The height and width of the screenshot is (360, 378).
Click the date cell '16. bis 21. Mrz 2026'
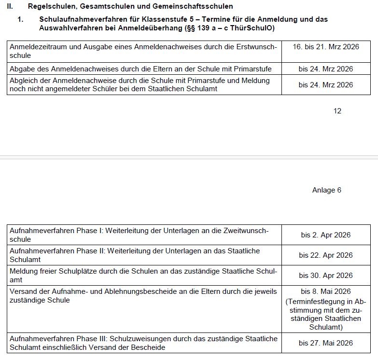pyautogui.click(x=326, y=47)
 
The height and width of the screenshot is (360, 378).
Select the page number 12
pyautogui.click(x=337, y=111)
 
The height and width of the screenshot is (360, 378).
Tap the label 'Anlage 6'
pyautogui.click(x=326, y=190)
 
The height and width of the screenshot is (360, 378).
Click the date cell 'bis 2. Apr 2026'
pyautogui.click(x=325, y=235)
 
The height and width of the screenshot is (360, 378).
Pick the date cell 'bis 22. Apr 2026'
pyautogui.click(x=325, y=255)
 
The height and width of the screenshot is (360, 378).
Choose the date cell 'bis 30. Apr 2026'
pyautogui.click(x=325, y=276)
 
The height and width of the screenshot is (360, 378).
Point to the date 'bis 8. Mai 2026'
pyautogui.click(x=325, y=291)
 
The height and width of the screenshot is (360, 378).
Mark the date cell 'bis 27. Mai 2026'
pyautogui.click(x=325, y=343)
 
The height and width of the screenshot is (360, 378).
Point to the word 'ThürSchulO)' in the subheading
pyautogui.click(x=254, y=28)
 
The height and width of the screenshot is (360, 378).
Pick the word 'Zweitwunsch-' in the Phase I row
pyautogui.click(x=246, y=231)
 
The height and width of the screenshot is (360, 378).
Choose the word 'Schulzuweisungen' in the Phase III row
pyautogui.click(x=152, y=339)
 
